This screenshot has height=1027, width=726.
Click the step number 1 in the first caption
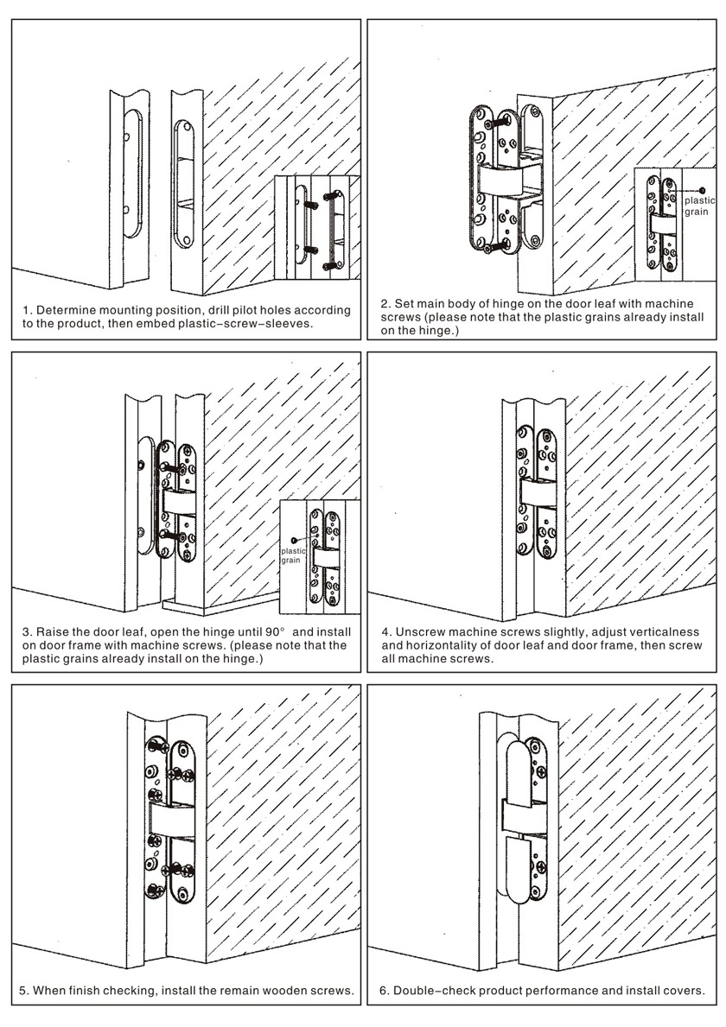click(25, 309)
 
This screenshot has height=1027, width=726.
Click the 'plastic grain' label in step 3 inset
click(293, 555)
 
